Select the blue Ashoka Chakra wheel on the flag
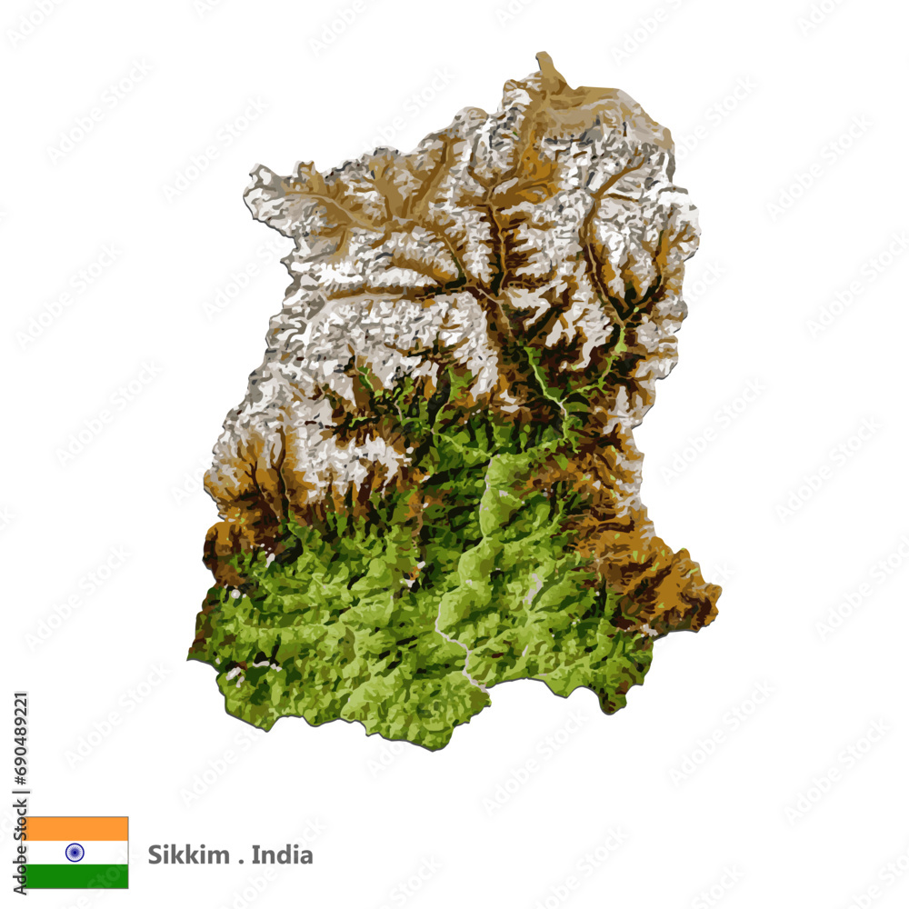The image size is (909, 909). point(75,853)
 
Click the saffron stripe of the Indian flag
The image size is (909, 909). point(76,828)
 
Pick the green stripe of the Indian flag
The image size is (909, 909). point(76,876)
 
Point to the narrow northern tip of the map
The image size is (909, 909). point(544,62)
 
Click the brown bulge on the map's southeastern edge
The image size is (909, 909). point(691,591)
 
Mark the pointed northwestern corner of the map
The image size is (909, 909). point(252,173)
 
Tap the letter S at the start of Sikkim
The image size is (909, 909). point(154,855)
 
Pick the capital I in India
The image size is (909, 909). point(255,855)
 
